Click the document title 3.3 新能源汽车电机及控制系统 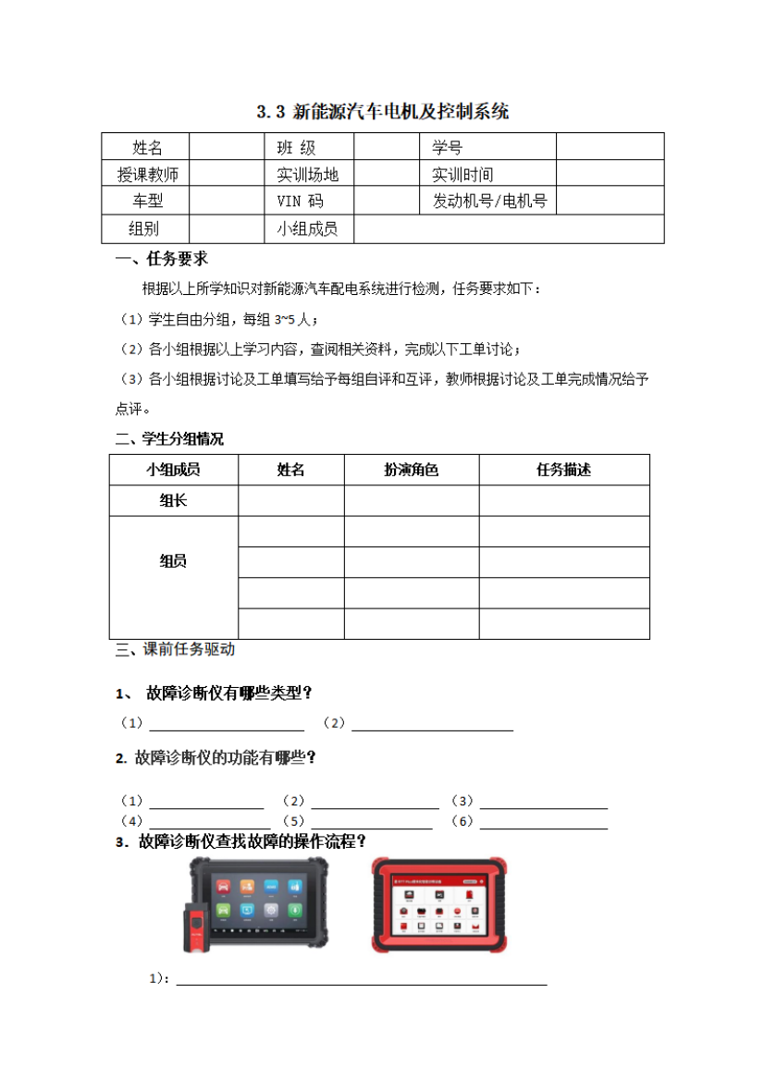point(382,113)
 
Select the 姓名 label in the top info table point(147,147)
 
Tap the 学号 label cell point(447,147)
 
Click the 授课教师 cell point(147,174)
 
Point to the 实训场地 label point(307,174)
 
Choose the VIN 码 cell point(300,201)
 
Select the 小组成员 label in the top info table point(307,228)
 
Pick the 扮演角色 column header point(411,470)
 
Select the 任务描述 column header point(563,470)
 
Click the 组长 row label point(173,500)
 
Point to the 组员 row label point(173,561)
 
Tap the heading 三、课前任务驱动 point(175,649)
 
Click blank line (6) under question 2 point(543,822)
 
